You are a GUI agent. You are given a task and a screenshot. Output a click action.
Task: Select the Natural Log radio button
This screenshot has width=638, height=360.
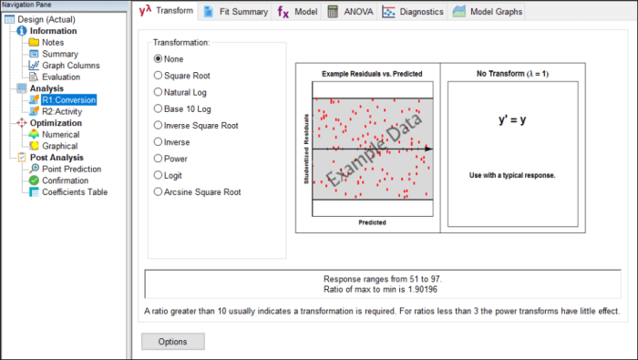[158, 92]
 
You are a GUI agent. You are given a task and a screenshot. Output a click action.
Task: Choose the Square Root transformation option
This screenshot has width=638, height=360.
[158, 76]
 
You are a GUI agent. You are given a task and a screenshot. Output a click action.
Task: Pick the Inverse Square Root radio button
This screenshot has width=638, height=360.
[158, 125]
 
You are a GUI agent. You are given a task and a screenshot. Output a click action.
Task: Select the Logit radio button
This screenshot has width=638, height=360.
[158, 175]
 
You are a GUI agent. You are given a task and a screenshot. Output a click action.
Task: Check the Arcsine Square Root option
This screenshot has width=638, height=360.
[158, 191]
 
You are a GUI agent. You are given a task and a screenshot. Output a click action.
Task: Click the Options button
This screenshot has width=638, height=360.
[173, 342]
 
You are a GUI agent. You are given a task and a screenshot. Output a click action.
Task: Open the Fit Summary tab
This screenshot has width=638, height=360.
[236, 12]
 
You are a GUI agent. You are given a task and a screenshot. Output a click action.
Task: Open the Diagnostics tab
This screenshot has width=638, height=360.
[413, 12]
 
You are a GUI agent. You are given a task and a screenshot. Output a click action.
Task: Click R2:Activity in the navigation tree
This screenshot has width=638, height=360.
[62, 111]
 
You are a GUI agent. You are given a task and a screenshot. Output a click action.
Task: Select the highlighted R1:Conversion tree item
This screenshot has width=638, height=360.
[68, 100]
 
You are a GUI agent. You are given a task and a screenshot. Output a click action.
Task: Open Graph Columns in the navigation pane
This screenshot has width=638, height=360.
[71, 66]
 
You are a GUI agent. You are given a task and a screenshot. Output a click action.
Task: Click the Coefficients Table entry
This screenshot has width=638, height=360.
[75, 192]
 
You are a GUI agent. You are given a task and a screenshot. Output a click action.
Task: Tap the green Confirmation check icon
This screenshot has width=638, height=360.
[35, 180]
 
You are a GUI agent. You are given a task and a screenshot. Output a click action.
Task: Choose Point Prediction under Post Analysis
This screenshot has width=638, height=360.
[72, 169]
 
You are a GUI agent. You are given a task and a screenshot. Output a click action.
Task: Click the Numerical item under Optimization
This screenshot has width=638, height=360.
[61, 134]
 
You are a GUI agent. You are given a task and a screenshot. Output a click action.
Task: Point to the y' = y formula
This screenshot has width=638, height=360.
[512, 119]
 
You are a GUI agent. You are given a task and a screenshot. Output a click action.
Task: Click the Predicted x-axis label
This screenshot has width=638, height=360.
[372, 222]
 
